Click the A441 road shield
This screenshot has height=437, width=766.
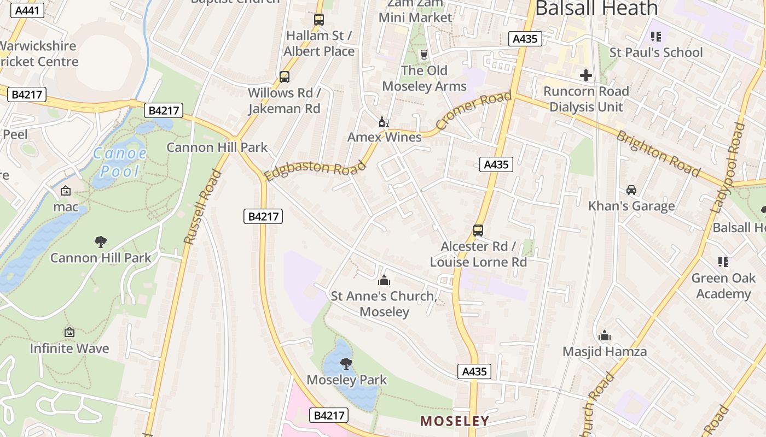point(26,10)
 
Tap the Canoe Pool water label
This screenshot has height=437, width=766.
point(120,162)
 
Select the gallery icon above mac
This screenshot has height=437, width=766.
point(66,191)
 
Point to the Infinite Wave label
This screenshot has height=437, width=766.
point(69,348)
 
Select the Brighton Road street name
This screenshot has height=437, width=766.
point(658,154)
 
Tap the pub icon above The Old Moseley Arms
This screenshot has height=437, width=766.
point(423,54)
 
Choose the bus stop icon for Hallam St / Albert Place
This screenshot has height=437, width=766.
point(319,20)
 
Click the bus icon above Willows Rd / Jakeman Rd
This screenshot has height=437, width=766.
point(285,76)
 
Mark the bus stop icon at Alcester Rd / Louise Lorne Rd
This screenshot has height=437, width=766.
point(478,230)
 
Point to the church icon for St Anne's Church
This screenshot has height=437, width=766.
point(384,280)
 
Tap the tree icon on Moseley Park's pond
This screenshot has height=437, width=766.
point(346,363)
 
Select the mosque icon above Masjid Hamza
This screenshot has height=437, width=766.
point(605,335)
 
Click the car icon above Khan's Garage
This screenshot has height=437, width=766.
point(631,190)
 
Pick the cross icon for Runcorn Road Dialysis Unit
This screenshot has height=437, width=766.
point(586,75)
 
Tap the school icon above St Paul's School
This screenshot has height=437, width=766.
point(656,37)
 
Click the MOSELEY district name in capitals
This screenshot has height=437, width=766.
point(454,421)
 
